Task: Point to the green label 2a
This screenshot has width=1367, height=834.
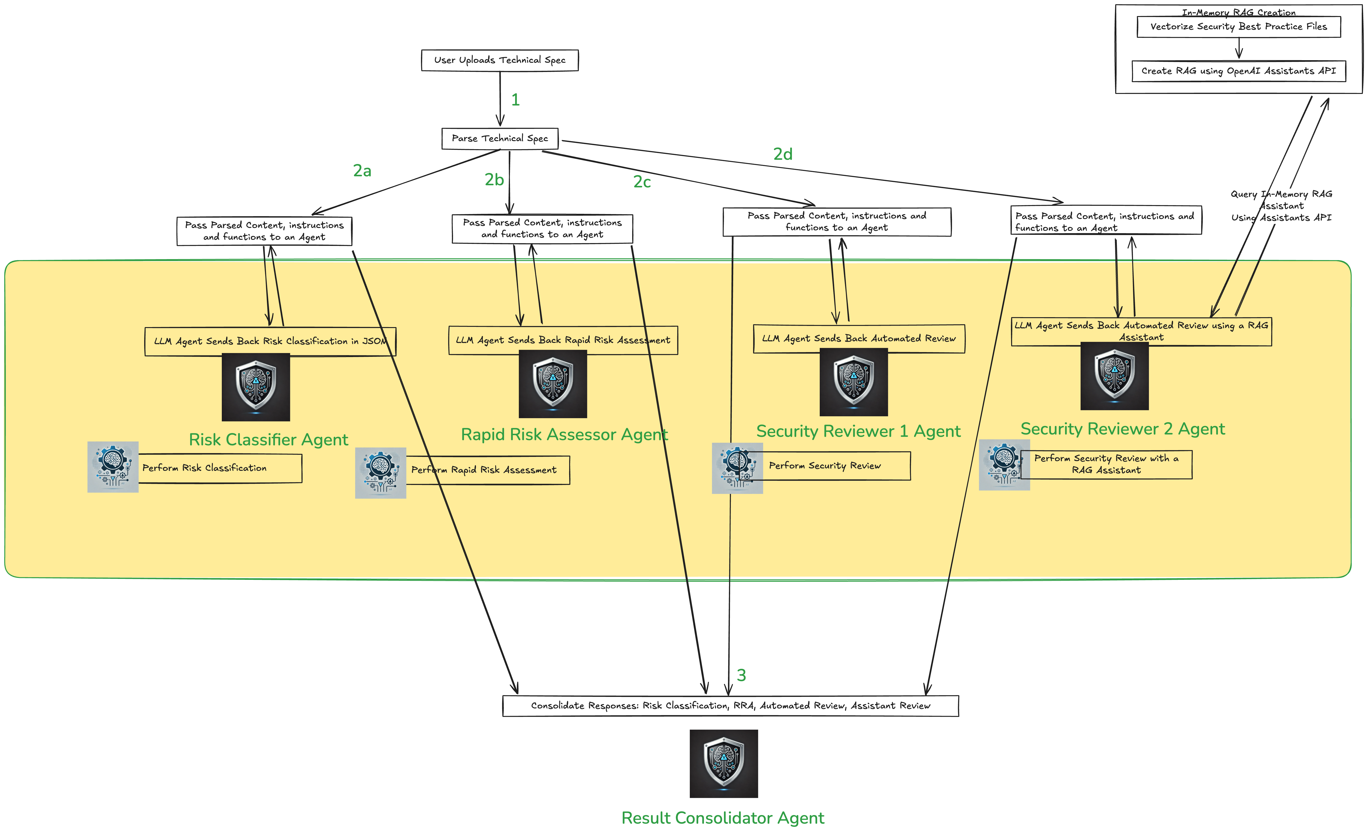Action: point(362,170)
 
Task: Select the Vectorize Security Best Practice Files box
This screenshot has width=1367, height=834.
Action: point(1238,27)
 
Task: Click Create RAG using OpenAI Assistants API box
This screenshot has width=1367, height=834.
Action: point(1238,71)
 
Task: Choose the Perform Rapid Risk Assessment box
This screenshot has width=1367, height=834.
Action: point(487,470)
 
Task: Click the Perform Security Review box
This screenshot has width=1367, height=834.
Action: point(836,466)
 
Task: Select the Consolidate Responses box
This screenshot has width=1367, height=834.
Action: point(730,706)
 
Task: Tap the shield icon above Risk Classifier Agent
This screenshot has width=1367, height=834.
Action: point(256,387)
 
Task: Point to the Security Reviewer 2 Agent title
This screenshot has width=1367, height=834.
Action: point(1122,429)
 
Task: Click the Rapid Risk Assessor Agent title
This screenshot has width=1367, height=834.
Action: point(564,434)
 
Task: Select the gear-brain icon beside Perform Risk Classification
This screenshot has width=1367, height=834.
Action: point(113,467)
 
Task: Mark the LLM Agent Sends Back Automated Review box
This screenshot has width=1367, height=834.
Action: point(859,338)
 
